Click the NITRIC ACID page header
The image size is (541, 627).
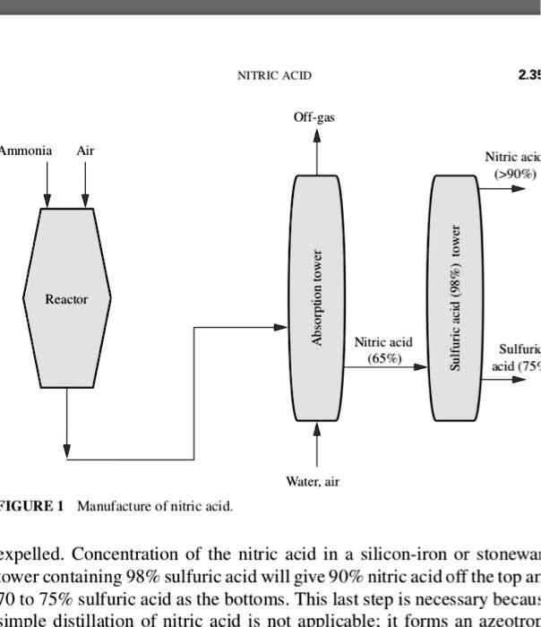click(x=274, y=76)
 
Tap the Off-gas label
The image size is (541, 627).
click(x=314, y=117)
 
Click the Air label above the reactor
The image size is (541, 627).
click(x=85, y=150)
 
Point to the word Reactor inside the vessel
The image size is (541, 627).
click(x=67, y=299)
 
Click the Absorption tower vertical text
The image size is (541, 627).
click(x=316, y=296)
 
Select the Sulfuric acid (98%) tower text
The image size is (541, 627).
click(x=455, y=297)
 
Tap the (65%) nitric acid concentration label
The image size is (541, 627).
click(x=383, y=358)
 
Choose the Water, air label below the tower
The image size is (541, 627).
click(x=313, y=482)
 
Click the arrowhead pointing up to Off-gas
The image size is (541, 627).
click(x=315, y=135)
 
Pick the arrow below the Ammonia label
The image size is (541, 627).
click(x=47, y=199)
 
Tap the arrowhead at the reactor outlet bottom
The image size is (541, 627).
click(x=67, y=448)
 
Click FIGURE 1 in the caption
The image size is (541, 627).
click(x=31, y=507)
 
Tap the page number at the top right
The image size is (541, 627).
click(x=528, y=76)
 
